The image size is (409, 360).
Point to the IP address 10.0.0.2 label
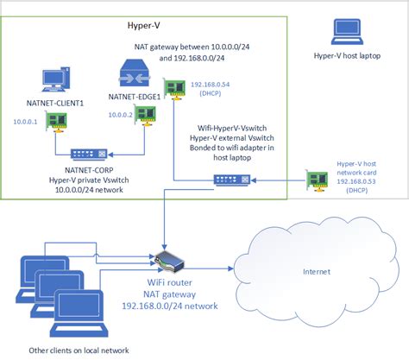click(x=122, y=114)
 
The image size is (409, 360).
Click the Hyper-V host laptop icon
click(x=338, y=34)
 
